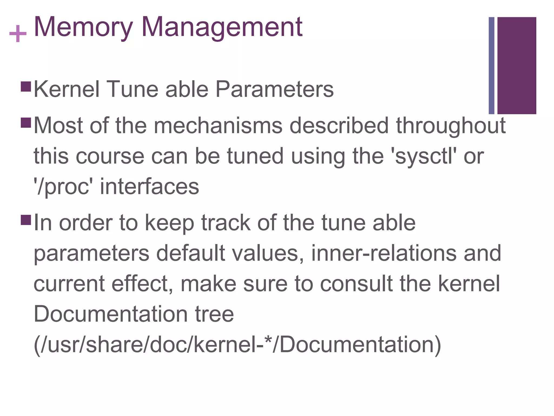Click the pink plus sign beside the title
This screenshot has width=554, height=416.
tap(18, 34)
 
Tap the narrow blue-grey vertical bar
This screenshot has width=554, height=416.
tap(491, 66)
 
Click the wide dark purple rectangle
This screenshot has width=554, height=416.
tap(517, 66)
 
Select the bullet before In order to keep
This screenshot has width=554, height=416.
tap(26, 220)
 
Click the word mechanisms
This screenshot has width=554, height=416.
tap(218, 126)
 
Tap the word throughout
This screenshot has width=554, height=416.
tap(451, 126)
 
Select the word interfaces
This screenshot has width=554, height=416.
tap(149, 187)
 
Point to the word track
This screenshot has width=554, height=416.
tap(226, 223)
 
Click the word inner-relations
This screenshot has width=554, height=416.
tap(384, 253)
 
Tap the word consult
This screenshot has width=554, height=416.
tap(356, 284)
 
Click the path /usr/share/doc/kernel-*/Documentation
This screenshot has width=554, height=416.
tap(237, 345)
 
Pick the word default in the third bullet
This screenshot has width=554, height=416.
tap(190, 253)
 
